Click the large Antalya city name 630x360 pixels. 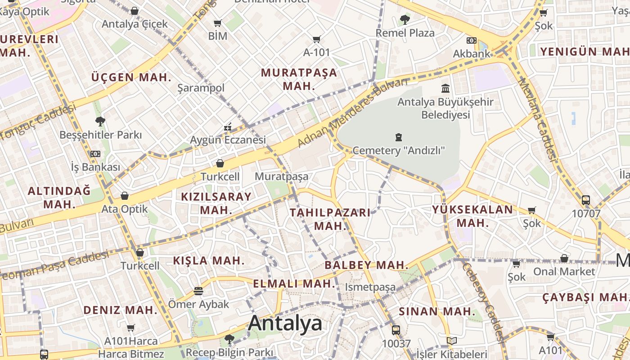pos(285,323)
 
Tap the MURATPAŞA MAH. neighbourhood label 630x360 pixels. pos(299,79)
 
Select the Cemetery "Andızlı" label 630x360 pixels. pos(398,150)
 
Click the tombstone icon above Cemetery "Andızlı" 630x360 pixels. pos(398,137)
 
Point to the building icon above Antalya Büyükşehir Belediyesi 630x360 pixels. pos(445,88)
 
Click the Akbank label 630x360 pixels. pos(471,54)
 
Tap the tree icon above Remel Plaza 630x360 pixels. pos(405,19)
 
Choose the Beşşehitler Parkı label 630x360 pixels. pos(100,135)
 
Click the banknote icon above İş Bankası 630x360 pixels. pos(95,154)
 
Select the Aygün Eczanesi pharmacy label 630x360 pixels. pos(228,140)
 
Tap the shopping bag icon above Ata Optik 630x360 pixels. pos(125,196)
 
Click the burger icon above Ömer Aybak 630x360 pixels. pos(198,291)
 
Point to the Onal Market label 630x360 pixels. pos(564,271)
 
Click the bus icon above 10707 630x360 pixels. pos(585,200)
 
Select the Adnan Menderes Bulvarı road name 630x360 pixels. pos(352,112)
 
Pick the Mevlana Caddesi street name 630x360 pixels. pos(537,119)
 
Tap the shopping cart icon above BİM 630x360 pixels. pos(218,23)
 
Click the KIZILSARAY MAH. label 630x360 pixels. pos(216,203)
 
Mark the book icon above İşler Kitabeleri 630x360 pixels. pos(451,341)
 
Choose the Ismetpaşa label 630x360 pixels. pos(370,287)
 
